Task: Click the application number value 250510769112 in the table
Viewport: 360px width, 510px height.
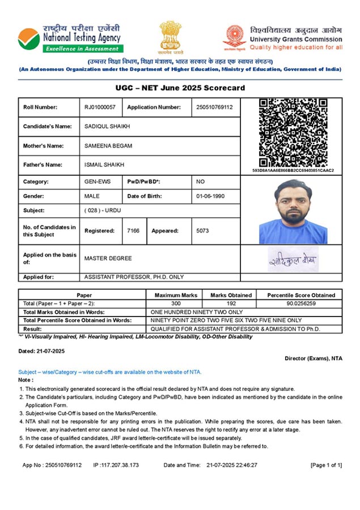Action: pos(214,107)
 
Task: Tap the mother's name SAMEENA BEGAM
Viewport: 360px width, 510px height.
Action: pos(108,146)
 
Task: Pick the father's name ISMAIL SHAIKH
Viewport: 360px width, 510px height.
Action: pos(105,165)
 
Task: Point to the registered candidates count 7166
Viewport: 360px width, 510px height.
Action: pos(134,231)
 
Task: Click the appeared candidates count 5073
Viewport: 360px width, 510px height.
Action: pos(202,231)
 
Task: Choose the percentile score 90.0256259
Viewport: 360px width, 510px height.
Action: pos(302,304)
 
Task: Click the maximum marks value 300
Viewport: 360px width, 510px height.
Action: pos(176,304)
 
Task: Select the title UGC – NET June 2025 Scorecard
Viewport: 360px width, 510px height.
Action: pos(180,88)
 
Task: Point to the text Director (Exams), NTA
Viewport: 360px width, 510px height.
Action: pos(313,358)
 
